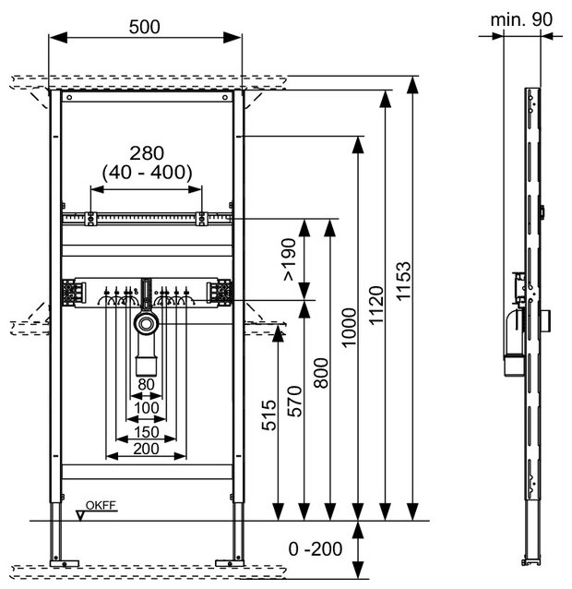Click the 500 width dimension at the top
click(x=145, y=26)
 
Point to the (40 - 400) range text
click(x=145, y=172)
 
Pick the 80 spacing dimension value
click(x=146, y=384)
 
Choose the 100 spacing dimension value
click(x=146, y=406)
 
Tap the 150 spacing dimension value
click(x=146, y=431)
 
